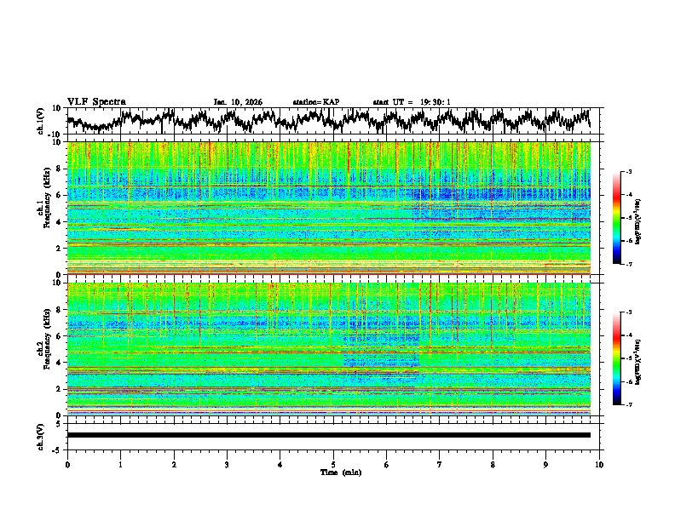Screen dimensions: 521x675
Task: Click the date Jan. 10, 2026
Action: click(238, 102)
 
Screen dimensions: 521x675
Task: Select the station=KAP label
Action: click(316, 102)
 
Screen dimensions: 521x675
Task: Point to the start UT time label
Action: click(412, 102)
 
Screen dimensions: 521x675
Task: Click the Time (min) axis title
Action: click(333, 472)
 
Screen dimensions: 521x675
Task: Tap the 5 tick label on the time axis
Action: click(333, 464)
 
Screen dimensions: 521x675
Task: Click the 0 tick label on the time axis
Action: click(67, 464)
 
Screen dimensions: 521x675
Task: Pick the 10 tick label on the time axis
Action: click(599, 464)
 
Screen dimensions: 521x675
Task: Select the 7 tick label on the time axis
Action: click(440, 464)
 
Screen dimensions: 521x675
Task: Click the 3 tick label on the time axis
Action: click(227, 464)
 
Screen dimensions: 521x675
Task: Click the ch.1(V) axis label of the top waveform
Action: click(41, 121)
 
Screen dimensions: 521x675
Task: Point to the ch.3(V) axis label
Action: click(41, 434)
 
